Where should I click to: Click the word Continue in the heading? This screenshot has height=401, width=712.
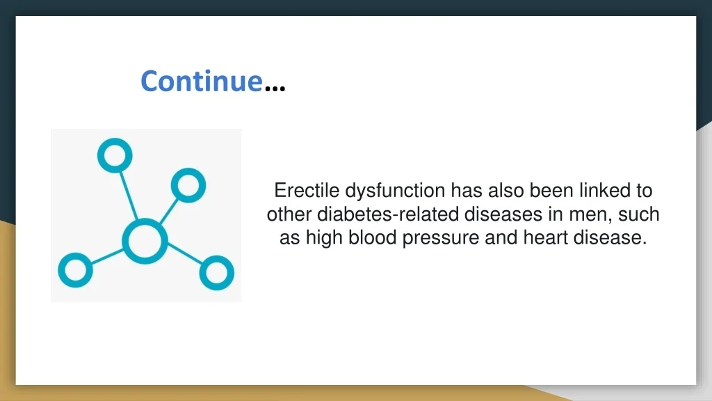202,81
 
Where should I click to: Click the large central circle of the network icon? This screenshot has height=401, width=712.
145,241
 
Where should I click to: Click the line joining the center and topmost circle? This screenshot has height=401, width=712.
129,196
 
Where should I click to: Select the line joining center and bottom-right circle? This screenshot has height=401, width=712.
184,253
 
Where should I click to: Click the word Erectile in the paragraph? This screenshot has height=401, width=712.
307,191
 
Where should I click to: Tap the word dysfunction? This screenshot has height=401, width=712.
395,191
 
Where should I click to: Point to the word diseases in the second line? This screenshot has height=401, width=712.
503,214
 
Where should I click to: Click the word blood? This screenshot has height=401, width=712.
373,237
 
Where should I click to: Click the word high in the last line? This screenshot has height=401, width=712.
324,239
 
